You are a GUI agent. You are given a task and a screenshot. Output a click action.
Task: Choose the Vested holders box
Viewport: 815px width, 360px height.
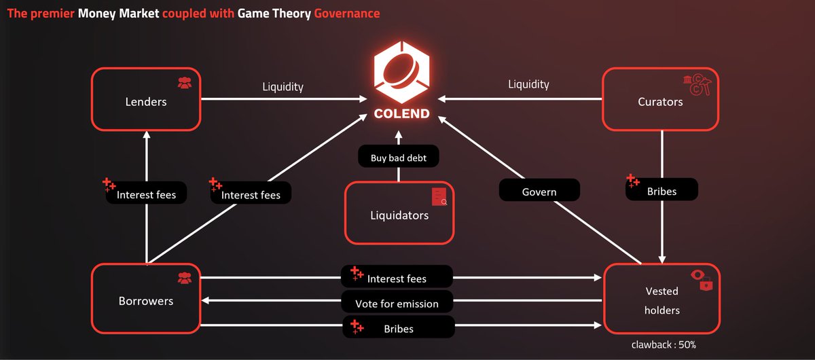click(x=662, y=299)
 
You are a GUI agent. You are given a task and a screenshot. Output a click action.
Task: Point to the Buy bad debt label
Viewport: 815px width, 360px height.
click(x=399, y=158)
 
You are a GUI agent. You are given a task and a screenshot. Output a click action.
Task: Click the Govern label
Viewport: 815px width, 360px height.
click(x=539, y=191)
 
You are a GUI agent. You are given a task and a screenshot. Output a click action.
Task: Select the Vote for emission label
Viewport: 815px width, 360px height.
click(x=397, y=303)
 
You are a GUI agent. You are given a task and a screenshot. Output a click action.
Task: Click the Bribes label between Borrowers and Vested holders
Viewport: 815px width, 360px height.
click(x=397, y=328)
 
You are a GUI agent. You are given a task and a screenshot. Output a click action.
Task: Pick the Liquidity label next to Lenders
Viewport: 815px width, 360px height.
click(x=283, y=86)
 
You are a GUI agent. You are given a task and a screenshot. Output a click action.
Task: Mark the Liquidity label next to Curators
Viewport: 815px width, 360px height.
click(x=528, y=84)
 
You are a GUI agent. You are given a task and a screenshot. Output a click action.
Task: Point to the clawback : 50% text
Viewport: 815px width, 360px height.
click(x=662, y=344)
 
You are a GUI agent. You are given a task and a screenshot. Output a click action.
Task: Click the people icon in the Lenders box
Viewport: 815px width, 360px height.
click(x=184, y=83)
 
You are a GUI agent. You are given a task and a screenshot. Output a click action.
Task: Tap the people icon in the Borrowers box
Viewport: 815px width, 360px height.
click(x=184, y=277)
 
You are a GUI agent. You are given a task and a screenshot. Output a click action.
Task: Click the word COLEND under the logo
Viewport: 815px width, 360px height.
click(x=401, y=113)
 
